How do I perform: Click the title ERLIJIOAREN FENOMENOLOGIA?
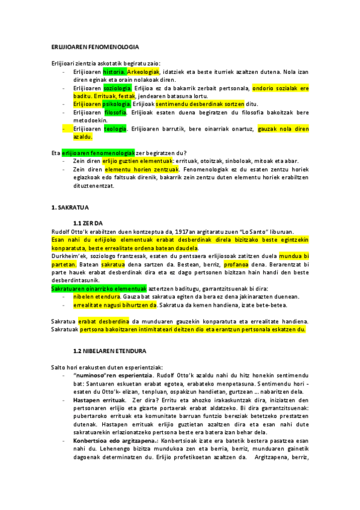coord(95,47)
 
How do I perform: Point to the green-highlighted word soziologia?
coord(117,88)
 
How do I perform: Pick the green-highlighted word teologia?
coord(115,128)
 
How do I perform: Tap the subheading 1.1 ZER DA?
coord(88,223)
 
